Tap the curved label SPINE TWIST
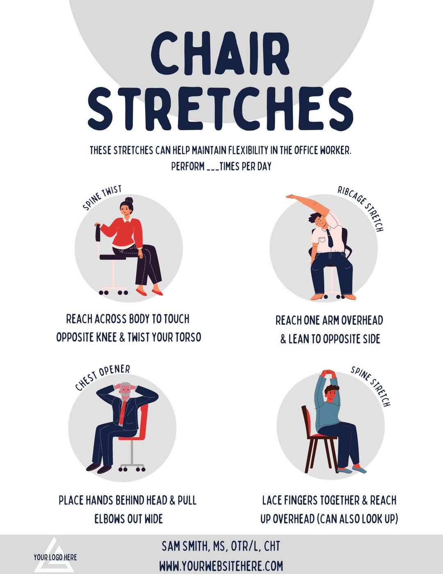point(102,197)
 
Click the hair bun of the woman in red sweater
point(129,200)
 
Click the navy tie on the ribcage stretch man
point(329,238)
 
